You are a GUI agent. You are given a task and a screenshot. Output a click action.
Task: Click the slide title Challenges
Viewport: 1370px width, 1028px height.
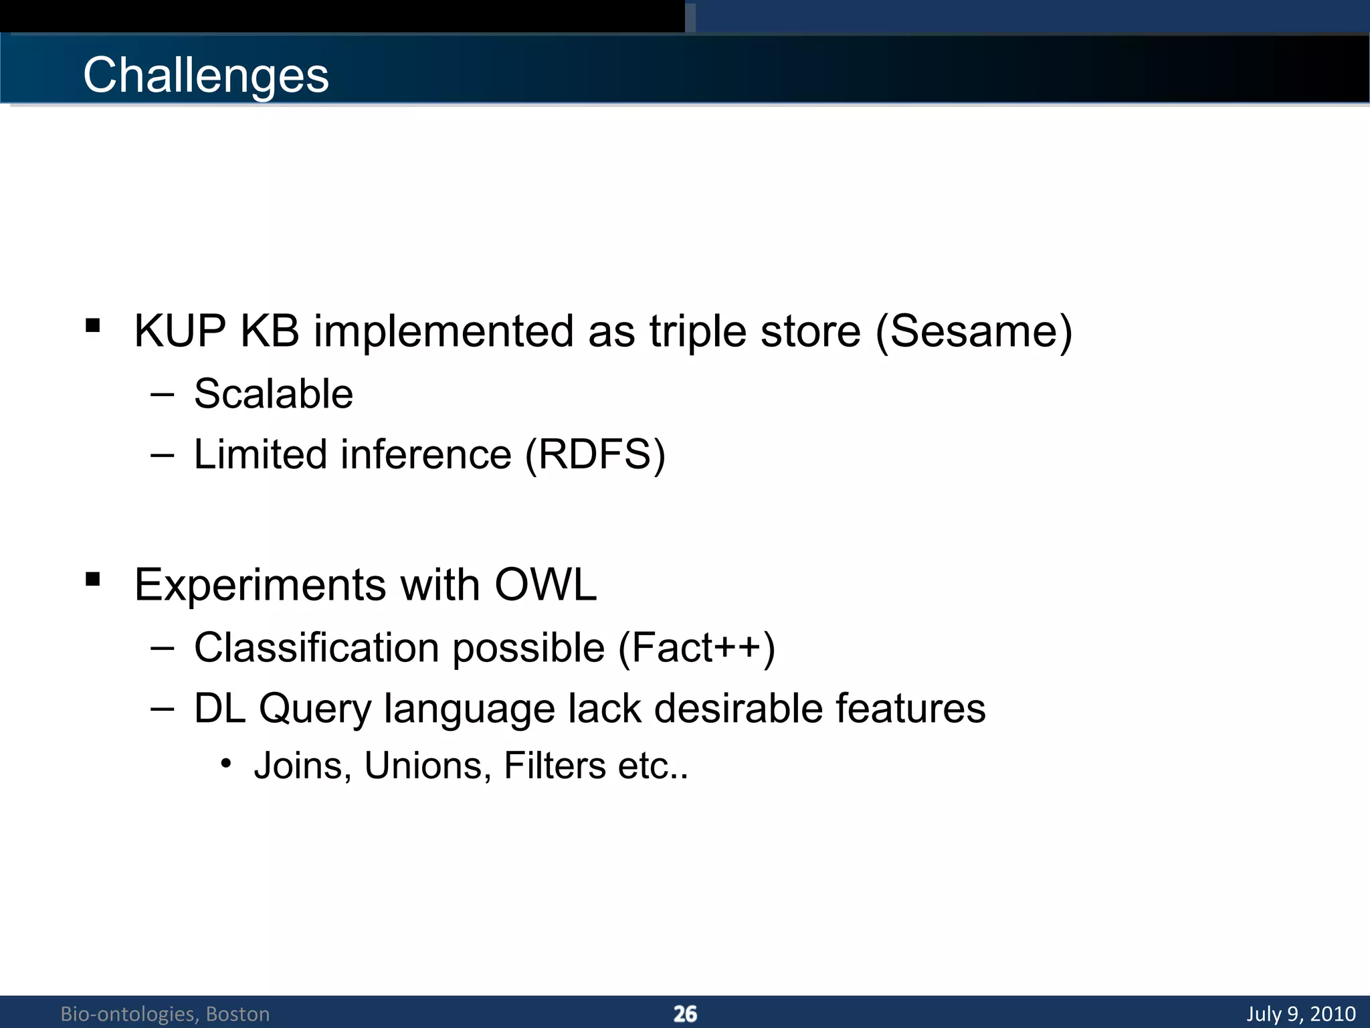click(x=205, y=75)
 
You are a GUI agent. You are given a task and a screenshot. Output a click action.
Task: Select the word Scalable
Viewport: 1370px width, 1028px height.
click(x=273, y=394)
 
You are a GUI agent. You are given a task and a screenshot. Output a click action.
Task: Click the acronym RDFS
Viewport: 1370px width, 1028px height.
click(x=595, y=454)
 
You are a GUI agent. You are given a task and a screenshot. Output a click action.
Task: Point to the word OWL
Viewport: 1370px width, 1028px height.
click(x=545, y=585)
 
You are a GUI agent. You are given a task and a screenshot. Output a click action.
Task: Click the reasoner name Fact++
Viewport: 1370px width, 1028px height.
click(x=696, y=648)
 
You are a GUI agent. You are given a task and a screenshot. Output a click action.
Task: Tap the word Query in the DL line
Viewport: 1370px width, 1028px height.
click(x=314, y=709)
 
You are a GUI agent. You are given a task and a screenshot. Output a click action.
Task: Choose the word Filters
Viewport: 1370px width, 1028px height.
click(x=554, y=766)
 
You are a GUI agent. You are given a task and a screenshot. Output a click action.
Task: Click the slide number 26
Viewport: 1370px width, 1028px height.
click(x=685, y=1014)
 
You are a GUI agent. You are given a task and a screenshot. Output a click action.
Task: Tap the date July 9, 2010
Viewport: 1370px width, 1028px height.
click(x=1300, y=1014)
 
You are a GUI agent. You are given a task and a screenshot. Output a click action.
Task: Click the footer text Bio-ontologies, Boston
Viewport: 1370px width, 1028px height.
click(x=165, y=1014)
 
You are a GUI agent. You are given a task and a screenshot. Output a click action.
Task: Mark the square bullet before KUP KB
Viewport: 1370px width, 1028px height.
click(x=93, y=326)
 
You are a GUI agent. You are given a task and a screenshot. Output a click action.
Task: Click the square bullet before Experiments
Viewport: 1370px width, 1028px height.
click(x=93, y=580)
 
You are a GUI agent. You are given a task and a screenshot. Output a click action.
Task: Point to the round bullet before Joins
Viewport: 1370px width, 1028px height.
click(x=226, y=763)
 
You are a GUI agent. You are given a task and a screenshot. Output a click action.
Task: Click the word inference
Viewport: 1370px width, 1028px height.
click(x=426, y=454)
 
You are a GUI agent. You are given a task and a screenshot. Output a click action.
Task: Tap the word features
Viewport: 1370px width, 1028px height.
click(x=910, y=709)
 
